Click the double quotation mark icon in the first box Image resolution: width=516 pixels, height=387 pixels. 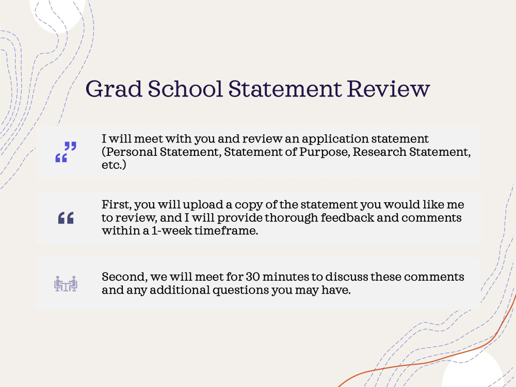coord(66,152)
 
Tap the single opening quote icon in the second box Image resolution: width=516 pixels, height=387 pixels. coord(66,218)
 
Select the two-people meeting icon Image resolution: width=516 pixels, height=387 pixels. coord(66,283)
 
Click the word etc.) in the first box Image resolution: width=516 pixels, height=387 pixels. coord(114,166)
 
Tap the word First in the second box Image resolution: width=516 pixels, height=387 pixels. coord(114,204)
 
